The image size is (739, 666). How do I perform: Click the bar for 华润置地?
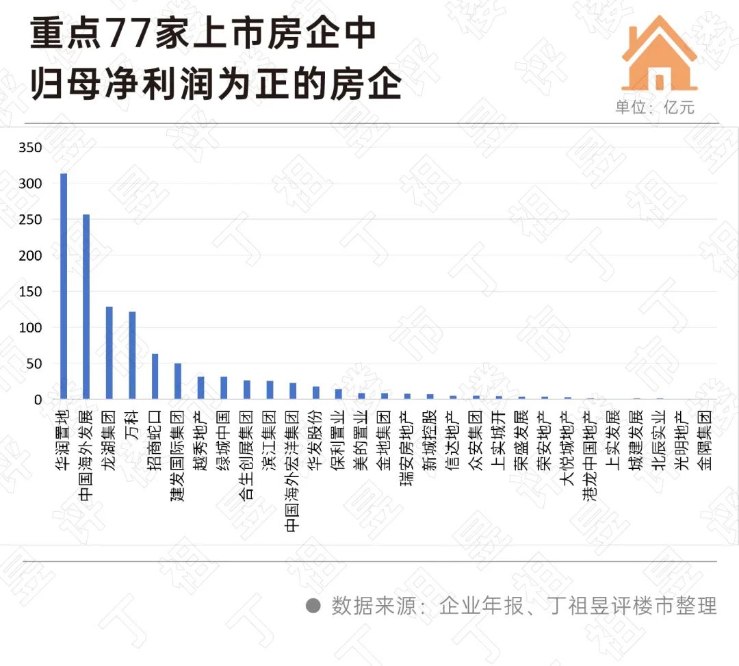[x=64, y=286]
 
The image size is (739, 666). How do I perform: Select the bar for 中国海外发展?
[x=86, y=307]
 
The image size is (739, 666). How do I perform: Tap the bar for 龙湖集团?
[x=109, y=353]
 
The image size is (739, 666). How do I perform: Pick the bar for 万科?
[x=132, y=355]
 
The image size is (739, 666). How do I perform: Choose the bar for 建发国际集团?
[x=178, y=381]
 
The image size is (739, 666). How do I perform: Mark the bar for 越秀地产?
[x=200, y=388]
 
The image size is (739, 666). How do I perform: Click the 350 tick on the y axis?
[x=31, y=148]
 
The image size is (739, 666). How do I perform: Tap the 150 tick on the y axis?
[x=31, y=292]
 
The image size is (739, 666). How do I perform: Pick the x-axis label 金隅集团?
[x=705, y=439]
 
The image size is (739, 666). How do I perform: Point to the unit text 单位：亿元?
[x=655, y=107]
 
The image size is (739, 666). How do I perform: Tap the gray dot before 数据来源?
[x=313, y=606]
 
